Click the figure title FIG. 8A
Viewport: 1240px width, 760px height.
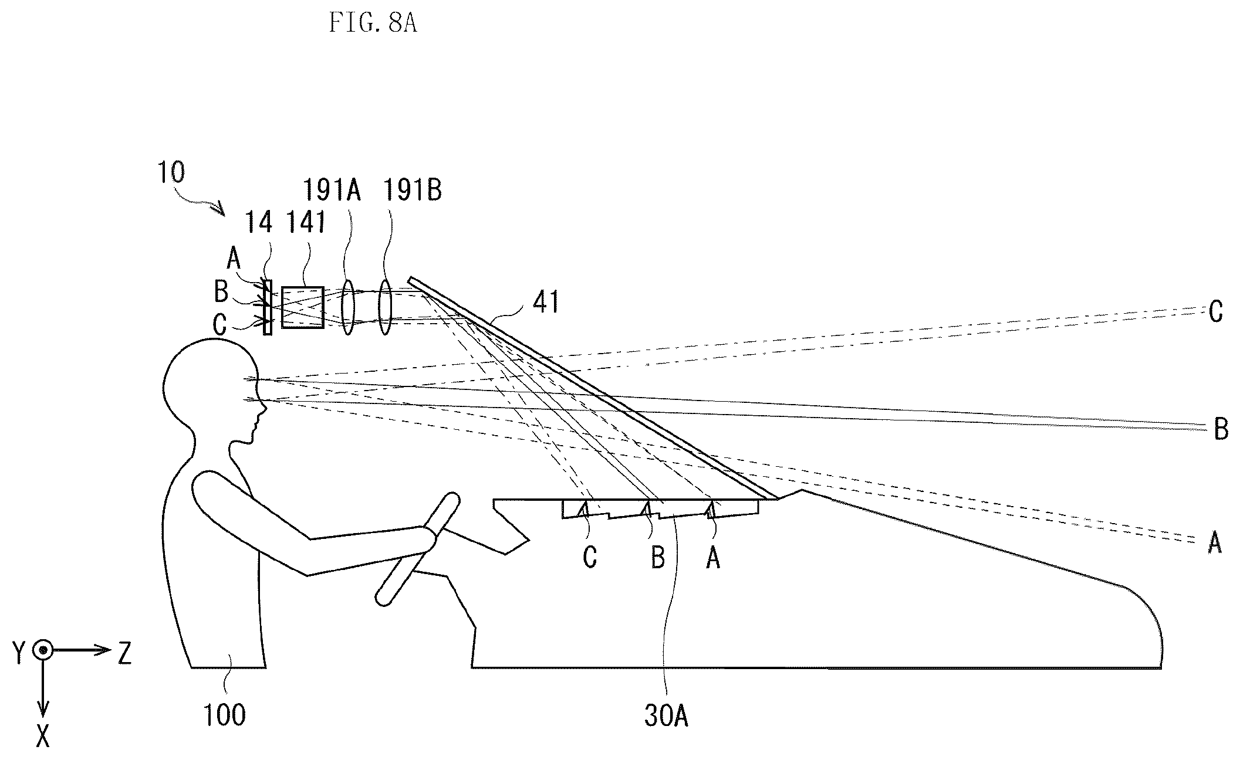tap(373, 23)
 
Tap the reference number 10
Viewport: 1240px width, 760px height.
tap(171, 172)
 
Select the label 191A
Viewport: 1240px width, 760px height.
tap(332, 191)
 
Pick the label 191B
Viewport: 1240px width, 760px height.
tap(413, 191)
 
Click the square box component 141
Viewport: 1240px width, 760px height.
tap(303, 307)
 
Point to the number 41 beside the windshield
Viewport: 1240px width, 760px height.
tap(546, 303)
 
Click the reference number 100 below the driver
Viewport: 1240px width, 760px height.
tap(225, 715)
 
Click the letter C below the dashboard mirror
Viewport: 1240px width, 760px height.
tap(590, 557)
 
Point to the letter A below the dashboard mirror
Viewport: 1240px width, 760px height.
tap(713, 557)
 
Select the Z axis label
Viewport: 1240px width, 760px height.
tap(124, 653)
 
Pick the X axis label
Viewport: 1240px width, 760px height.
tap(43, 735)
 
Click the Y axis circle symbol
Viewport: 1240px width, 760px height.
tap(43, 650)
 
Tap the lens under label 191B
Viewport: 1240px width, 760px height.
tap(384, 307)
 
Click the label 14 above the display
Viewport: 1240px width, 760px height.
tap(259, 223)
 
